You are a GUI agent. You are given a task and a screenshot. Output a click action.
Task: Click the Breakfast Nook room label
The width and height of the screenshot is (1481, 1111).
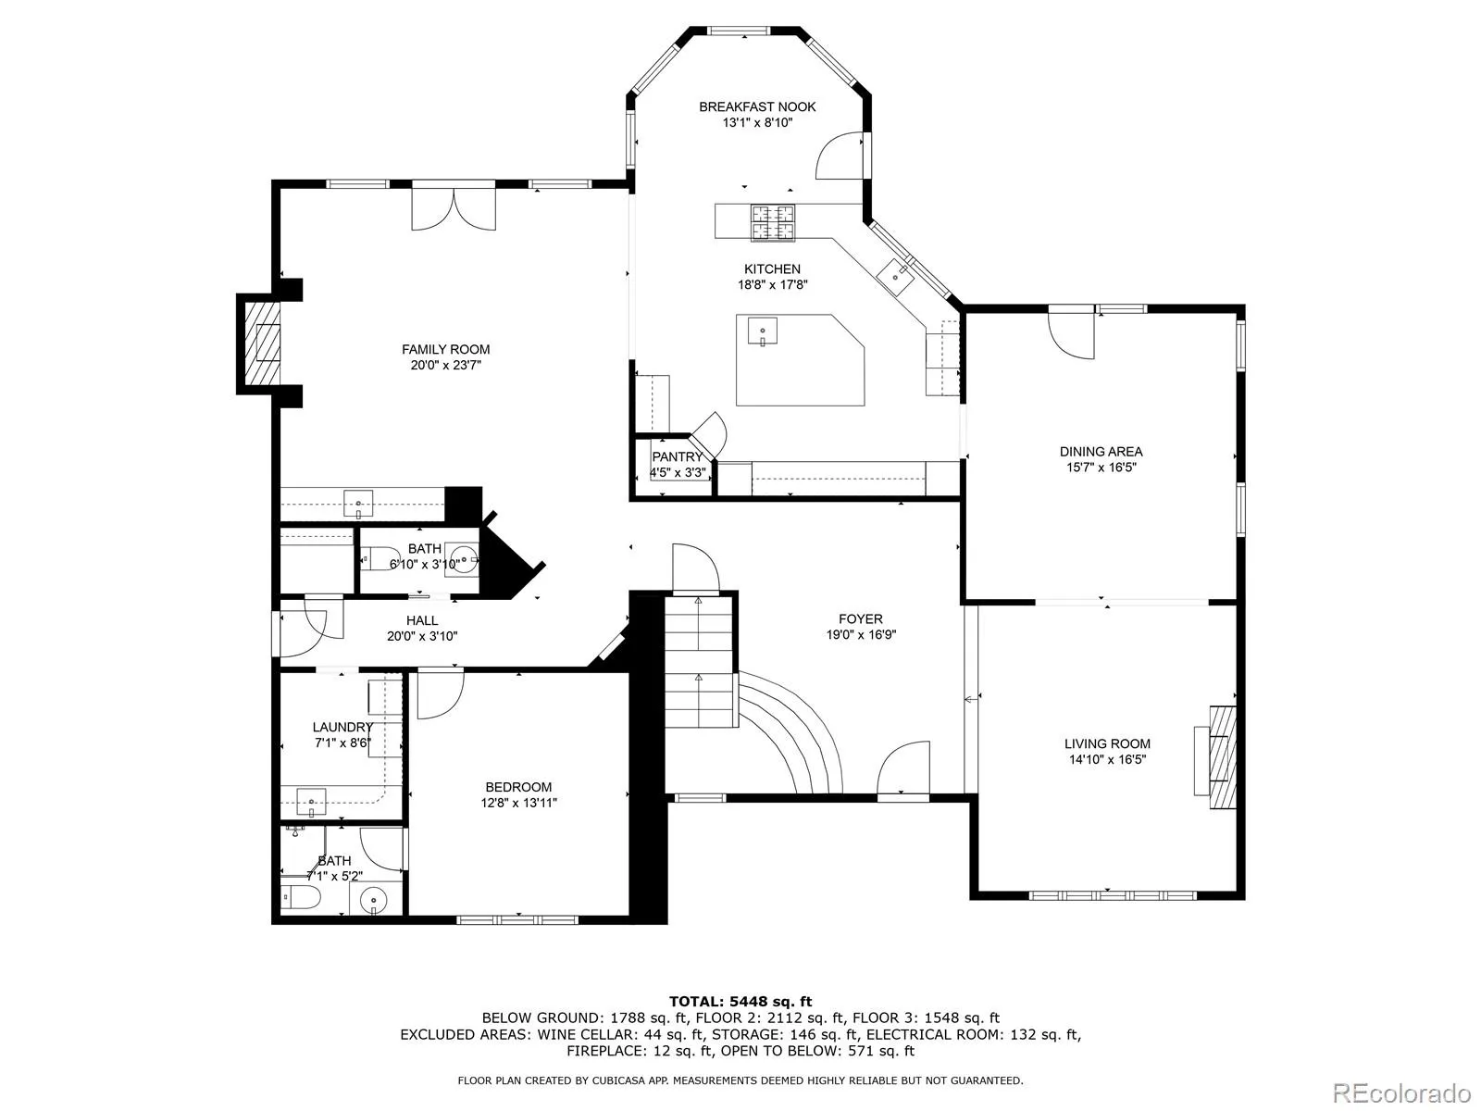[x=757, y=106]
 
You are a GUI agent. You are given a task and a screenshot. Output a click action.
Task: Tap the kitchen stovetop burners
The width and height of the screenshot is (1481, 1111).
[x=773, y=222]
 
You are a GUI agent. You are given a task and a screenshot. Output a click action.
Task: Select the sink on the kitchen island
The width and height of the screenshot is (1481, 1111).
[x=763, y=331]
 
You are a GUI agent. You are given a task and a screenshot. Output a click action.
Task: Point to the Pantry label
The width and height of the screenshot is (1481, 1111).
[x=677, y=456]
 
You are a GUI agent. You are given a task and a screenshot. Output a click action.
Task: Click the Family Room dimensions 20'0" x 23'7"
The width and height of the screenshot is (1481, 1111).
[x=445, y=365]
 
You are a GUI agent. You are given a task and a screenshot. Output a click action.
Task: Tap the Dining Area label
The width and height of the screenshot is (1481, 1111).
[x=1101, y=451]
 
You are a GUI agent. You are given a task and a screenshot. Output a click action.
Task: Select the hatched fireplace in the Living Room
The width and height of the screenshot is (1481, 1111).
[x=1223, y=757]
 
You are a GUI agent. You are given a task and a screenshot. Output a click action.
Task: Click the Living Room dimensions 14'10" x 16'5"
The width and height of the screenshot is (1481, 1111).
[x=1107, y=759]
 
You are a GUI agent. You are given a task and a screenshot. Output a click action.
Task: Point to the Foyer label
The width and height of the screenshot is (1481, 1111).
[x=860, y=618]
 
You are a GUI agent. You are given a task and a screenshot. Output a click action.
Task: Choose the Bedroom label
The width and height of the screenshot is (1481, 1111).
[x=518, y=787]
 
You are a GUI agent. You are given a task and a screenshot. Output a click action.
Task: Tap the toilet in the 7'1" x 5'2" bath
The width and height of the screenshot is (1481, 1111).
[x=302, y=897]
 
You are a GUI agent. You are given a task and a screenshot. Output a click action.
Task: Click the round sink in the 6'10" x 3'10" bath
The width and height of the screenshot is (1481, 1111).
[x=465, y=558]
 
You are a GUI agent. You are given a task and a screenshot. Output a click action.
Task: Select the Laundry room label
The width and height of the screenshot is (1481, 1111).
[x=342, y=727]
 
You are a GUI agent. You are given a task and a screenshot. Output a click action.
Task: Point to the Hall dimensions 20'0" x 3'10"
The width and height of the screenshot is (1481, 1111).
[x=422, y=635]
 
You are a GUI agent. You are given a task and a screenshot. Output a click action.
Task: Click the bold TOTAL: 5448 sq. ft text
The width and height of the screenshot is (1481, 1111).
[x=740, y=1001]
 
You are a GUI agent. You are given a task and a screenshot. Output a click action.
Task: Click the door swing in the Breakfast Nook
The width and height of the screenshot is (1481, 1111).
[x=840, y=156]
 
